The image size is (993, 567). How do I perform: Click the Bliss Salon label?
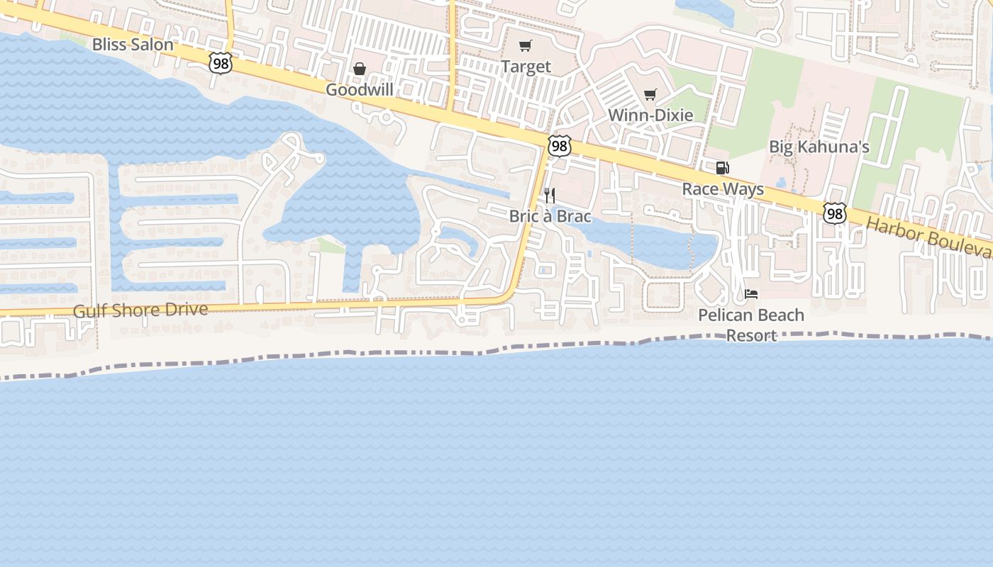pyautogui.click(x=133, y=45)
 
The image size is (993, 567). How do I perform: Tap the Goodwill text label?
pyautogui.click(x=359, y=90)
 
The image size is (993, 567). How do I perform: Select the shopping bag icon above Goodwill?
pyautogui.click(x=360, y=69)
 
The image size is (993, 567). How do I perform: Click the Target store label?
pyautogui.click(x=526, y=67)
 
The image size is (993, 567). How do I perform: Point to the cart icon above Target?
pyautogui.click(x=525, y=46)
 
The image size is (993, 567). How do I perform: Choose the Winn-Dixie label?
pyautogui.click(x=650, y=115)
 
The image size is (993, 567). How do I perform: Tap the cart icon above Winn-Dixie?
pyautogui.click(x=650, y=94)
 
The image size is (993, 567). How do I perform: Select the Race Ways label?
pyautogui.click(x=723, y=189)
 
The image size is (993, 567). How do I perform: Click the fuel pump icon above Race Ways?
pyautogui.click(x=722, y=168)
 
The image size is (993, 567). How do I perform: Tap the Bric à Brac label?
pyautogui.click(x=550, y=216)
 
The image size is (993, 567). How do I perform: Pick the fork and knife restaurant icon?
pyautogui.click(x=550, y=196)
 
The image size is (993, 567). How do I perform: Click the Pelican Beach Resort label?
pyautogui.click(x=751, y=325)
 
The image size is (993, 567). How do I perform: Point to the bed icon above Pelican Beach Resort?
pyautogui.click(x=751, y=293)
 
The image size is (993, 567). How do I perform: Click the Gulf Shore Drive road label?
pyautogui.click(x=140, y=310)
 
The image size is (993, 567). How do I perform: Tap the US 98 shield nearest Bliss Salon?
pyautogui.click(x=221, y=64)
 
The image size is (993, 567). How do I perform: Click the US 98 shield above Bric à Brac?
pyautogui.click(x=559, y=146)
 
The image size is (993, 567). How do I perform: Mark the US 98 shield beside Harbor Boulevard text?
pyautogui.click(x=835, y=213)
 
